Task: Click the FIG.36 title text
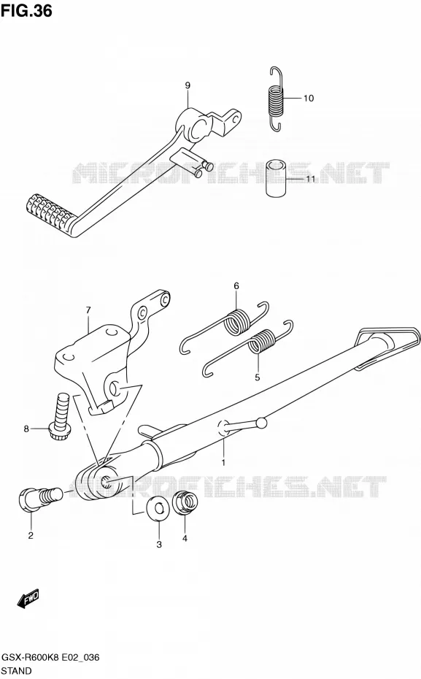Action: [x=26, y=10]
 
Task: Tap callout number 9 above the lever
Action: [x=188, y=85]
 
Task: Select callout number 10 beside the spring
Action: [x=309, y=99]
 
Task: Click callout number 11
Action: [x=311, y=178]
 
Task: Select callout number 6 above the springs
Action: [x=236, y=285]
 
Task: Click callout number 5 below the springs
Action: [x=258, y=377]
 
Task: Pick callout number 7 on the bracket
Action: [x=88, y=310]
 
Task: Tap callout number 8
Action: [x=26, y=429]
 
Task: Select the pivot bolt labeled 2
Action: [x=41, y=497]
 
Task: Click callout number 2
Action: [x=31, y=536]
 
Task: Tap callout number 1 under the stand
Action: [x=223, y=462]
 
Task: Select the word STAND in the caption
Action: [x=17, y=671]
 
